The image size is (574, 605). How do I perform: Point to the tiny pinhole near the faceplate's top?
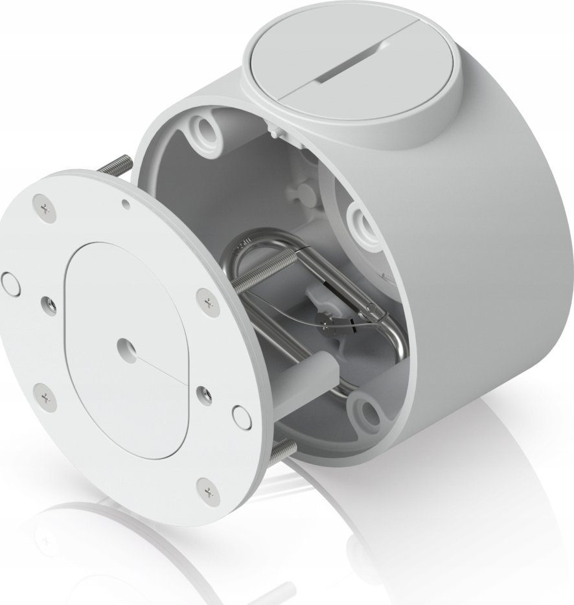(x=126, y=205)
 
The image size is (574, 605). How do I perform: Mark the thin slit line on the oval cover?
(x=162, y=373)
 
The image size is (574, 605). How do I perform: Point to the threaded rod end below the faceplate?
(x=284, y=450)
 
